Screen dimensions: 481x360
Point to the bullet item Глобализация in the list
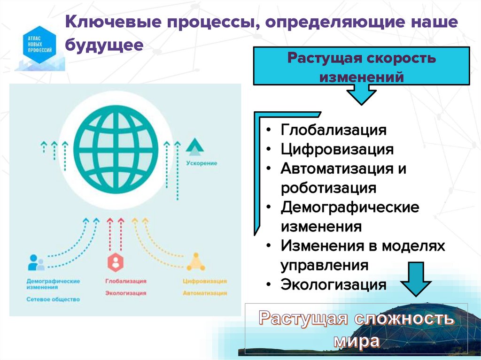334,130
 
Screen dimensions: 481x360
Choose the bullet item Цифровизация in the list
337,149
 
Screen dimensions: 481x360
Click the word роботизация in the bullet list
329,188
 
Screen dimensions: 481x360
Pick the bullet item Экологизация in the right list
334,284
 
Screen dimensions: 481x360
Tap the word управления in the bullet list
325,265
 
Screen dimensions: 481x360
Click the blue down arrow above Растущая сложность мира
415,280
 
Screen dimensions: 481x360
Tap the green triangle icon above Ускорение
194,147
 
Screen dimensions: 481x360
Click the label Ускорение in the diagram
202,163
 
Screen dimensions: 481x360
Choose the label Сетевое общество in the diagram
53,299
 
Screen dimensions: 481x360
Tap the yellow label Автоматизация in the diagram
205,293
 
